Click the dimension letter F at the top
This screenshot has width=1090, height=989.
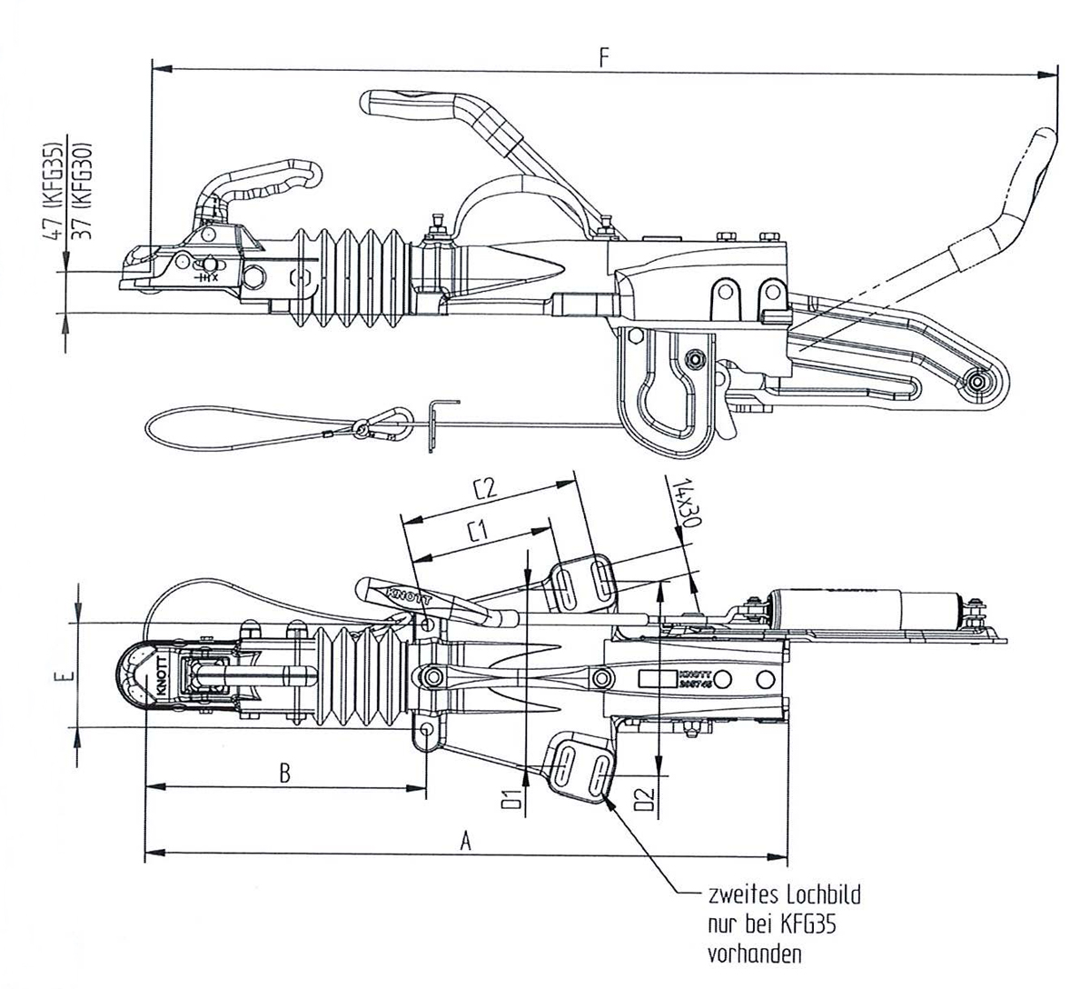(x=604, y=56)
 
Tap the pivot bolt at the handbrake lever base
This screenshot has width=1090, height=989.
(x=977, y=382)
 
